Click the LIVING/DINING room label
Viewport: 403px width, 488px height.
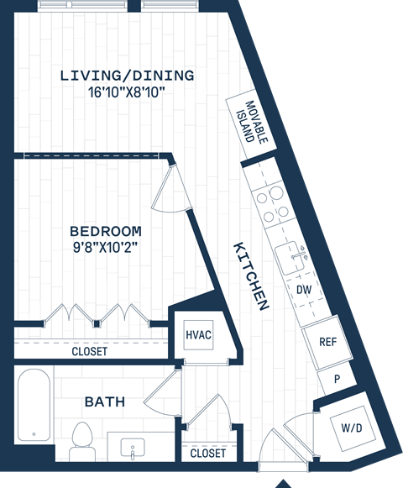tap(127, 76)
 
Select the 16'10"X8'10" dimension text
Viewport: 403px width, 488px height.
tap(127, 92)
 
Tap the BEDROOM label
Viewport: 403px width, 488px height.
tap(105, 230)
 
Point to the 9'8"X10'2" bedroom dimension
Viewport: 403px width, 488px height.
tap(105, 246)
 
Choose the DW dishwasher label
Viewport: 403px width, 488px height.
tap(305, 290)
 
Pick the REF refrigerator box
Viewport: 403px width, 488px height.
tap(327, 341)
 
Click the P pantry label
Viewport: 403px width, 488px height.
tap(337, 379)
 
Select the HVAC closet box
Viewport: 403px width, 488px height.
tap(198, 335)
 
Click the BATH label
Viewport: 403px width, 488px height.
tap(105, 401)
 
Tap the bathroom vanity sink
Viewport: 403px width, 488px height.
tap(133, 447)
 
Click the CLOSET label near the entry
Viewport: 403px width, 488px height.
tap(207, 453)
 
